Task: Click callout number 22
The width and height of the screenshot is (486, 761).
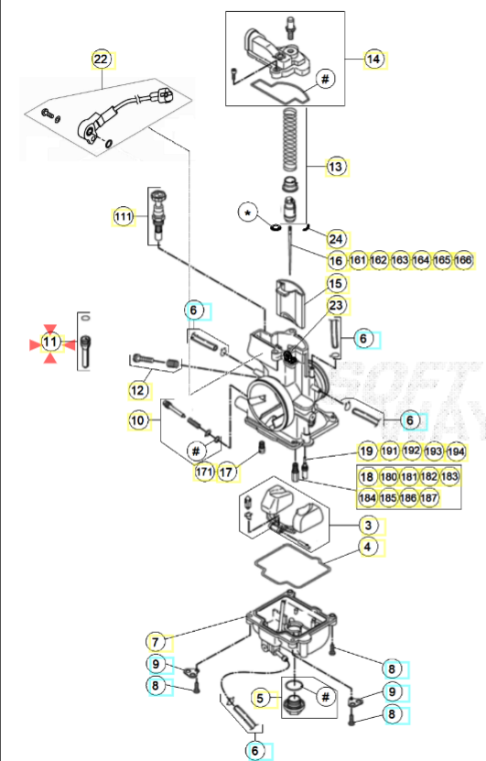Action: (x=101, y=60)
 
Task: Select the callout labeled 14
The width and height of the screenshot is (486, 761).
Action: (x=373, y=59)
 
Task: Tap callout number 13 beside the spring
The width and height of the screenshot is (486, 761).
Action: (x=336, y=167)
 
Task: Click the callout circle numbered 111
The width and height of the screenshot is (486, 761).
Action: (x=124, y=216)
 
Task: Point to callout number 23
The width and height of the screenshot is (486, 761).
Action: (x=336, y=305)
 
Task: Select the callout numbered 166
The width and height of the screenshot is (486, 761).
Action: (x=463, y=261)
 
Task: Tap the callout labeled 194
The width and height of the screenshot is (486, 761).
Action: (x=455, y=451)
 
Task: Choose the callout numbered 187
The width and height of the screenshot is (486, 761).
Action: (x=429, y=498)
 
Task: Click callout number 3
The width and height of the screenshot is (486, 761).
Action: (x=367, y=526)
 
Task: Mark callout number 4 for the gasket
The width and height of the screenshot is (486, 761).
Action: (x=367, y=548)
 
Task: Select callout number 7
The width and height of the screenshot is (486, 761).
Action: (x=157, y=641)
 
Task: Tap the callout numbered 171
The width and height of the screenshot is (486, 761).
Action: (x=203, y=473)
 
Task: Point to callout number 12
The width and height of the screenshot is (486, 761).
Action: (x=138, y=391)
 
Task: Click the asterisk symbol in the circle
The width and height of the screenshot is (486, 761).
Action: (x=246, y=212)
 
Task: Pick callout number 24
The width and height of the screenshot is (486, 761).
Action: (x=336, y=238)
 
